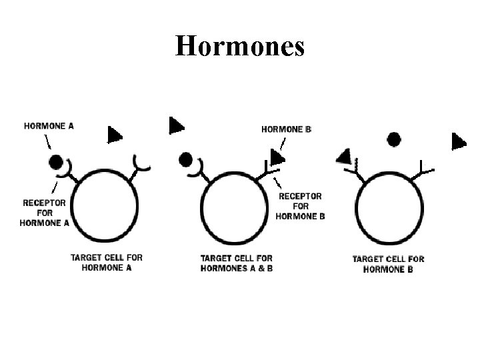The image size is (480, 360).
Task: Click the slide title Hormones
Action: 239,46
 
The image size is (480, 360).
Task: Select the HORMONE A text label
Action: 49,125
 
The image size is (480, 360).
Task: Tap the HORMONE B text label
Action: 286,129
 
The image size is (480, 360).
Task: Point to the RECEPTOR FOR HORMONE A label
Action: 45,213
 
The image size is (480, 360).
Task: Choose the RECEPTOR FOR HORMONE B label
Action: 300,206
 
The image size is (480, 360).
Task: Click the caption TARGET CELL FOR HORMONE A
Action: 107,262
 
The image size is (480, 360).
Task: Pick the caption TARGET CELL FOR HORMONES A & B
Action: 237,263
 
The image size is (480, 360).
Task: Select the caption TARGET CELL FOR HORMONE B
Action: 388,264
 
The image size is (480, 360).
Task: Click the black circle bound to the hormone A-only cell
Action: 56,161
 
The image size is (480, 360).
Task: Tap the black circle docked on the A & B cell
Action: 186,159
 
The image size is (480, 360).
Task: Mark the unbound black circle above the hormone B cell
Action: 394,139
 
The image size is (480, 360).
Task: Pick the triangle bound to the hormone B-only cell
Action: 344,156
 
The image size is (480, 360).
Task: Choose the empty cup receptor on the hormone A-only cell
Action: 141,162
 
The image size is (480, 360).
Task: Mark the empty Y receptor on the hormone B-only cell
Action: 425,169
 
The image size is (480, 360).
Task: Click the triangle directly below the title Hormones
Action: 176,125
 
